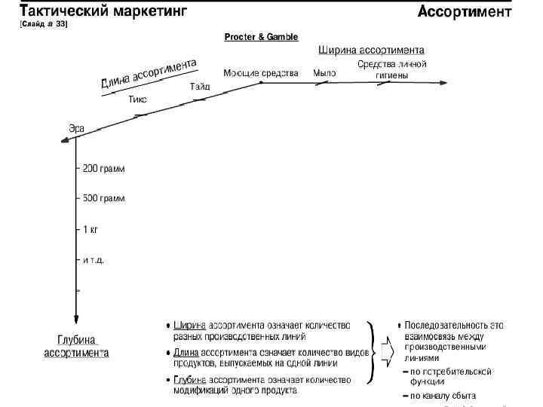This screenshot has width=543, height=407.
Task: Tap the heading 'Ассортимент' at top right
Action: click(464, 12)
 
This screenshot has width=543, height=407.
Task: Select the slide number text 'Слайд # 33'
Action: click(44, 25)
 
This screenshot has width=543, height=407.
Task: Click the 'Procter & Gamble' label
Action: click(261, 37)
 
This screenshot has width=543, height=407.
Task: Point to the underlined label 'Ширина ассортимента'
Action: click(367, 50)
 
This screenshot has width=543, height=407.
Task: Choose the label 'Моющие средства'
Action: click(261, 73)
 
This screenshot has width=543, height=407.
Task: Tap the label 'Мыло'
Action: click(325, 73)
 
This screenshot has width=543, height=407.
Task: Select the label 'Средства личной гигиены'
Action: click(392, 70)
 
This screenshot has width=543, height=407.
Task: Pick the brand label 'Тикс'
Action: click(137, 99)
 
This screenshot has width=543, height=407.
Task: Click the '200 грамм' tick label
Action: click(104, 169)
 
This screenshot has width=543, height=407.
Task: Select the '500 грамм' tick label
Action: click(104, 198)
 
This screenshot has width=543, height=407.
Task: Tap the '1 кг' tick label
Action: click(91, 229)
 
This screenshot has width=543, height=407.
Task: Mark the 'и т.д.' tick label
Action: click(94, 259)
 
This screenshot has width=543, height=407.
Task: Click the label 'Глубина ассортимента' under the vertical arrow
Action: click(77, 346)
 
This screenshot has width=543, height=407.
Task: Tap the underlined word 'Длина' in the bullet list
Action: click(186, 353)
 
